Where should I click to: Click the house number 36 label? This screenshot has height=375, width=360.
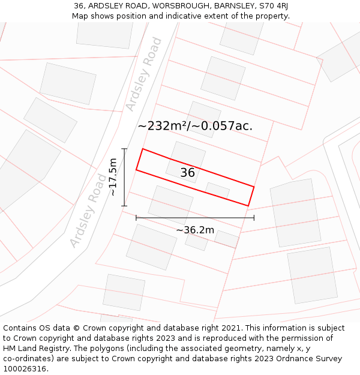coord(188,173)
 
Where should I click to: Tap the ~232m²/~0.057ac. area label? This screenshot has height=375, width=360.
coord(195,126)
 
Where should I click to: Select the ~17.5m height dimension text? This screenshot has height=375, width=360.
coord(112,177)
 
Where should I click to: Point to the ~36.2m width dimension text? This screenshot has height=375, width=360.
coord(195,230)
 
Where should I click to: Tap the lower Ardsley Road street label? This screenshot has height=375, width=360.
coord(88,211)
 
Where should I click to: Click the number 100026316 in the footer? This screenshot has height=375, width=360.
coord(24,368)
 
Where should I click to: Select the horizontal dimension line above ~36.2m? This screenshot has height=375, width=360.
coord(195,218)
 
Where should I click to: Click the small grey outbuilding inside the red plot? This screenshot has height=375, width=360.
coord(217,190)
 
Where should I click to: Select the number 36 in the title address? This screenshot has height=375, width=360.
coord(79,6)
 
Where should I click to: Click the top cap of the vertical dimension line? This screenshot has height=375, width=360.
coord(125,149)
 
